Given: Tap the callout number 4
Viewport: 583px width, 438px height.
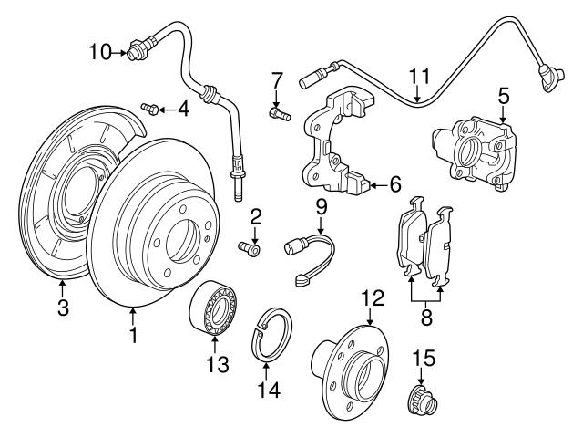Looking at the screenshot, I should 183,109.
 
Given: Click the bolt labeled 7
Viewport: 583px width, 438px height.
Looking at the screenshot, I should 278,113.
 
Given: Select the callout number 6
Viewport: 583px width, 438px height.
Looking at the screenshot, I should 394,184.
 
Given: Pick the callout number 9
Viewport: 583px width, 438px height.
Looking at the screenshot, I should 322,207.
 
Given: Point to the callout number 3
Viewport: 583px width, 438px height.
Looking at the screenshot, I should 63,308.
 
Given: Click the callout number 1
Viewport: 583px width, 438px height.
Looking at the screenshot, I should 133,336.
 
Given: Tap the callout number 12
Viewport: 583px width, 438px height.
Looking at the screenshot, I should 373,297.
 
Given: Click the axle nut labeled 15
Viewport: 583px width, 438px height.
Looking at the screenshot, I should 420,397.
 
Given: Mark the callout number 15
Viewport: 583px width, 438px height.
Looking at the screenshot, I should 423,356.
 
